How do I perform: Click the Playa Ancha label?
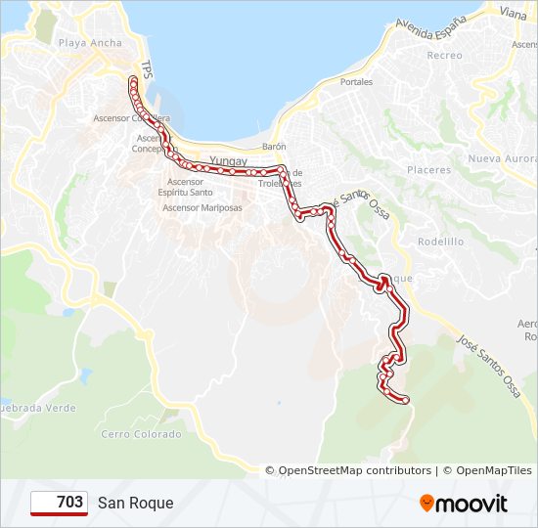pos(91,43)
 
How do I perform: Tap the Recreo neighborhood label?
pos(444,56)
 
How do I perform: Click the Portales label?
pos(356,82)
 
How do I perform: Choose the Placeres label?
pos(429,170)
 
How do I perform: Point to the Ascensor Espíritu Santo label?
pos(186,188)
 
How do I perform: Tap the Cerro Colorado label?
pos(141,434)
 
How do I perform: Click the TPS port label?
pos(147,69)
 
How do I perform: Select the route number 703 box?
pos(59,503)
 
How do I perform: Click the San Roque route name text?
pos(135,503)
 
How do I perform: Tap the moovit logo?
pos(464,504)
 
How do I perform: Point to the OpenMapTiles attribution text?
pos(493,470)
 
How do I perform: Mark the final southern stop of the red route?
pos(404,399)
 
